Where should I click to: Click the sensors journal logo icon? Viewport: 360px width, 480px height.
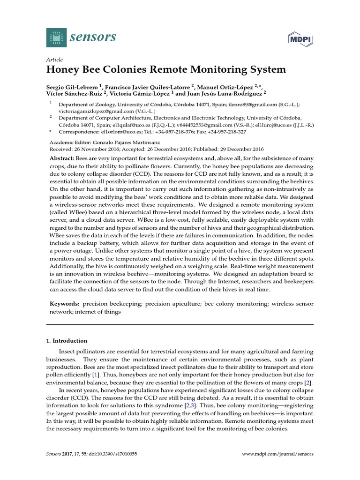pyautogui.click(x=56, y=37)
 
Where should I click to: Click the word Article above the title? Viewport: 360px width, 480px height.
pyautogui.click(x=55, y=60)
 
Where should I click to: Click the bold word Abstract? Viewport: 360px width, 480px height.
pyautogui.click(x=62, y=159)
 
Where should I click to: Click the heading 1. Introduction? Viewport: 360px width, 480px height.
pyautogui.click(x=70, y=341)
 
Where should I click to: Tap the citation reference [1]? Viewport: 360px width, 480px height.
pyautogui.click(x=96, y=375)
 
